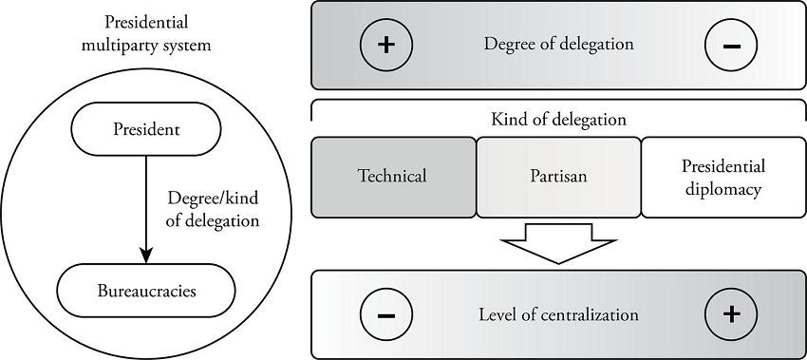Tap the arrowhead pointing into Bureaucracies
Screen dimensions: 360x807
coord(144,255)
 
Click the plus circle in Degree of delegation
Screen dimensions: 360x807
coord(385,46)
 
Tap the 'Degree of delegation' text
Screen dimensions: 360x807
coord(557,45)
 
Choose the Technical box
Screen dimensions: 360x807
coord(393,177)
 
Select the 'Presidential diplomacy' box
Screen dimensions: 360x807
coord(723,177)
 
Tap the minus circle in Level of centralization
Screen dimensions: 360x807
coord(385,314)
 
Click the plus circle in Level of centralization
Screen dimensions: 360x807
coord(729,314)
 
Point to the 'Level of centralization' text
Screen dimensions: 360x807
coord(557,314)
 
